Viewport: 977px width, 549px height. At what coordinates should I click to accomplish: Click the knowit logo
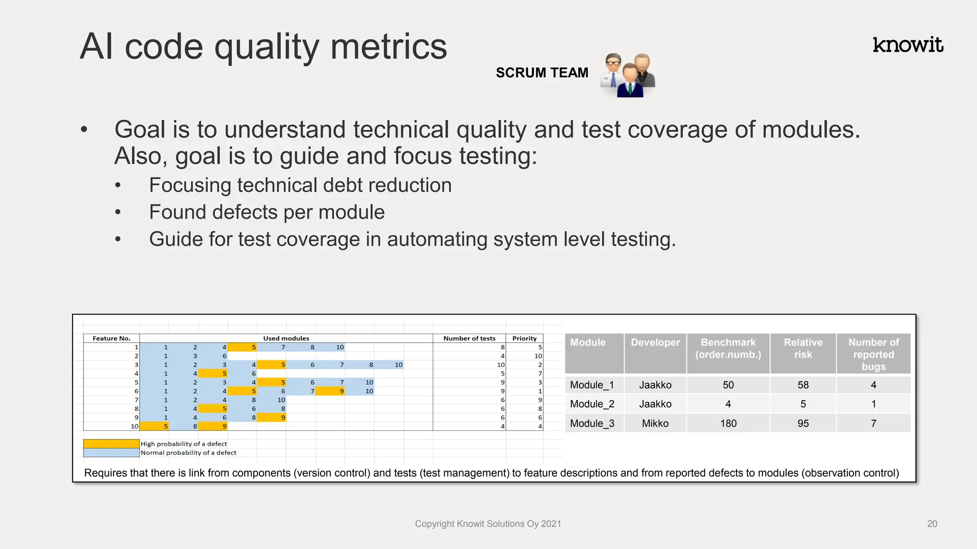907,45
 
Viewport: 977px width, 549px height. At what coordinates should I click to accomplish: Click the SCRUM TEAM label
542,73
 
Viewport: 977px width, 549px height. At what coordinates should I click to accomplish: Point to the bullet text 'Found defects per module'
267,212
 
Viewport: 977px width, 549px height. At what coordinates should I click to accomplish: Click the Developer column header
655,343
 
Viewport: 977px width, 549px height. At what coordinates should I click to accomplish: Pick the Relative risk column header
803,348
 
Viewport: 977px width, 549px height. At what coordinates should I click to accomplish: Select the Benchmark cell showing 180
728,423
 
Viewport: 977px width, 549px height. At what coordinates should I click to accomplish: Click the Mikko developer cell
655,423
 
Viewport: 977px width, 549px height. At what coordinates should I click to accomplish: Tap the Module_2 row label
592,404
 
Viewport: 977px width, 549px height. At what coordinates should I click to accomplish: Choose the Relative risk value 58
803,385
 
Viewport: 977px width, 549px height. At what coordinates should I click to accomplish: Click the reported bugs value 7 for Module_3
873,423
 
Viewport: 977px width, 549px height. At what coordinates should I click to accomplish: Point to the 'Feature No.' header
111,338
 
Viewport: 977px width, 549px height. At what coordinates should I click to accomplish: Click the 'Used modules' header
286,338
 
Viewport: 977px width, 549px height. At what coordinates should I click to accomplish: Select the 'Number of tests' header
469,338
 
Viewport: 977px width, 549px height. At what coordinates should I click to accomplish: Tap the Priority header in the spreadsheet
524,338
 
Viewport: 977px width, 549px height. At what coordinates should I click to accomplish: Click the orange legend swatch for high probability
111,444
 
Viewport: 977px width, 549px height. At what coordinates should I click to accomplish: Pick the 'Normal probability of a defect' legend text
188,453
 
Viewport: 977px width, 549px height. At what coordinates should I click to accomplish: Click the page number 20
932,524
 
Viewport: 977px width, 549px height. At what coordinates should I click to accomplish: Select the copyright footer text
488,524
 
